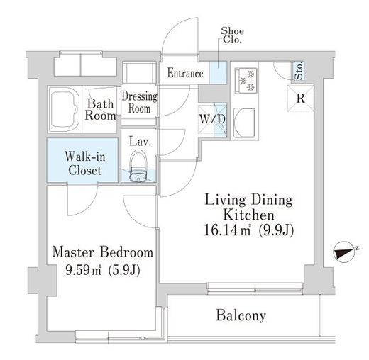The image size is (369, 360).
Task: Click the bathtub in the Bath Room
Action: point(65,110)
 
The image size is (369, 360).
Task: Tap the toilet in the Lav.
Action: point(138,167)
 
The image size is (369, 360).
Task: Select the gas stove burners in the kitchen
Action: point(246,80)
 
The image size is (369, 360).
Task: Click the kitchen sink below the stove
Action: point(244,123)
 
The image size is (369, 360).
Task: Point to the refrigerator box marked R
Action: point(301,98)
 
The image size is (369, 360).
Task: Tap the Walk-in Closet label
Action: point(85,164)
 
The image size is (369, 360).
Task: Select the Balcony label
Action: point(241,316)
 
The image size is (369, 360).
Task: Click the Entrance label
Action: point(185,73)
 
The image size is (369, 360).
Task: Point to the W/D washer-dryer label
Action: point(212,119)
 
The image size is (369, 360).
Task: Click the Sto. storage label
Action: point(299,70)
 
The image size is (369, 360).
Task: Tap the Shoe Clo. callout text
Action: point(232,35)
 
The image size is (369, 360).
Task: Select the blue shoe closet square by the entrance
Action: point(218,72)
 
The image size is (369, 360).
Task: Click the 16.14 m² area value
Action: point(227,230)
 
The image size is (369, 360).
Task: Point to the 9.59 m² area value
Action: point(84,270)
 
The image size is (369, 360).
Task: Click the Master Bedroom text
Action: point(103,252)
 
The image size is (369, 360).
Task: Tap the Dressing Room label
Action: point(140,103)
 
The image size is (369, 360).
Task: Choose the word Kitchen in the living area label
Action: point(248,215)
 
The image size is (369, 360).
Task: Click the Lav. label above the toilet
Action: point(140,142)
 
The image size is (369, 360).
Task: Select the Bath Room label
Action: point(100,110)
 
